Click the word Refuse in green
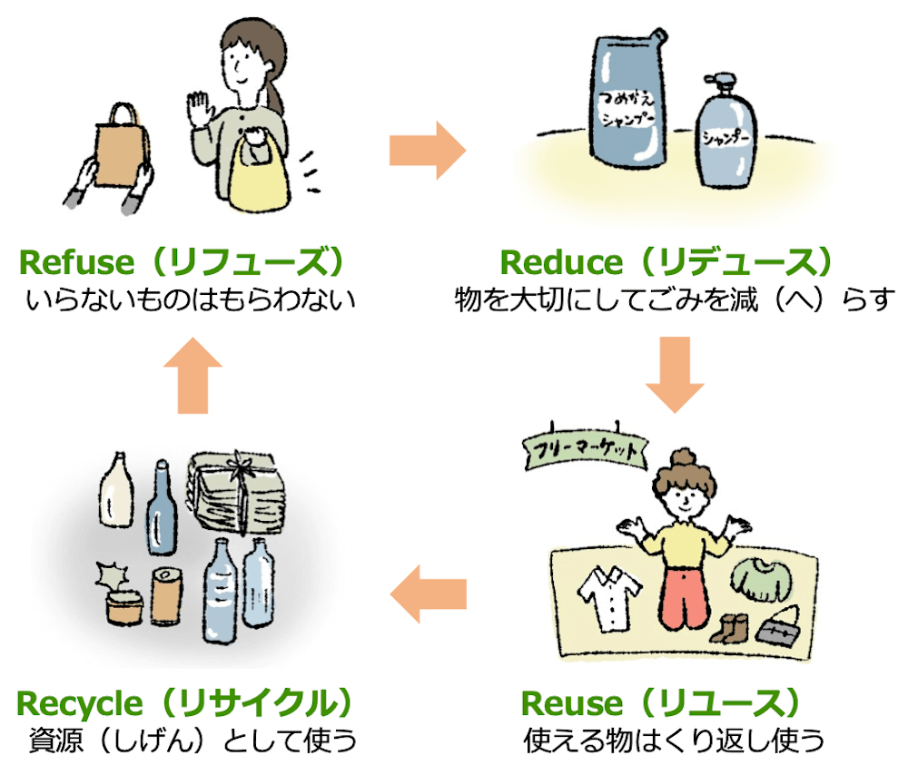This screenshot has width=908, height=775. (x=75, y=263)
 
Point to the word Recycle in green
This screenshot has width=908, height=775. (x=80, y=703)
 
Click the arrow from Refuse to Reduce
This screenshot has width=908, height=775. (x=426, y=149)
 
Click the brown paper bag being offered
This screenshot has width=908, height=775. (x=118, y=154)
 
